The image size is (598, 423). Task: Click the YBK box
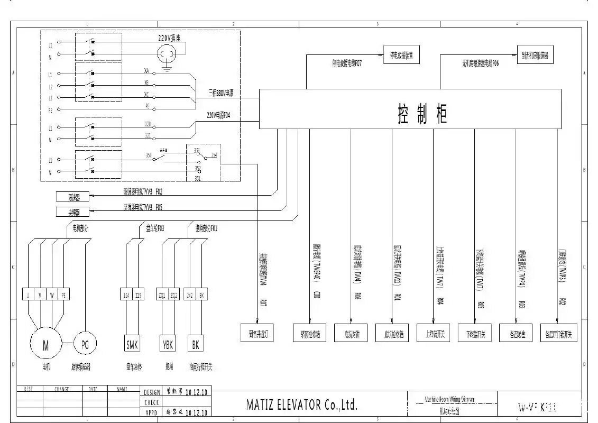click(168, 345)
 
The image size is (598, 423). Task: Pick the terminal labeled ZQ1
click(162, 295)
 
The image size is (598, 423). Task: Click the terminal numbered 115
click(138, 295)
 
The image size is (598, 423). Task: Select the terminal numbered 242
click(190, 295)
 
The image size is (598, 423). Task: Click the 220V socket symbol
click(169, 53)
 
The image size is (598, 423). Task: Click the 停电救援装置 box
click(401, 55)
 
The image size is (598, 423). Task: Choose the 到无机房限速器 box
click(535, 55)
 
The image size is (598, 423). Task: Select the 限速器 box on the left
click(73, 197)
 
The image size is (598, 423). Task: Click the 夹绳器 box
click(73, 212)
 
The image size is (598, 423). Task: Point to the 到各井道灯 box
click(257, 334)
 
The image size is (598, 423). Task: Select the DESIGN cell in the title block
click(151, 392)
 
